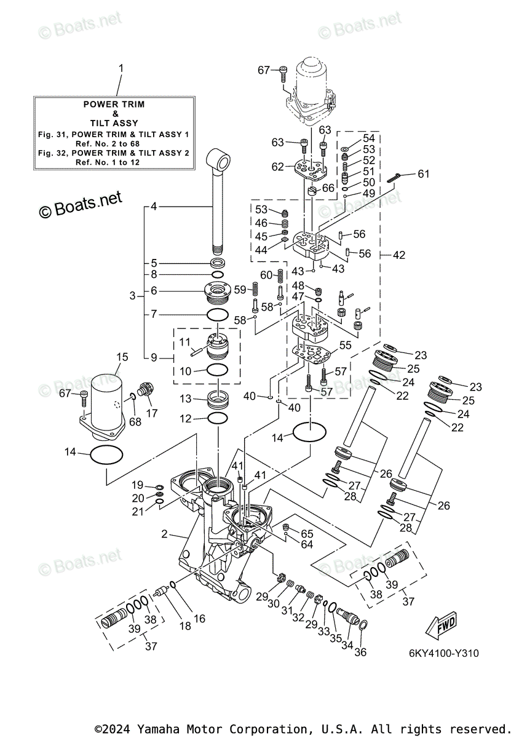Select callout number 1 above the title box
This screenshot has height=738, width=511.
121,68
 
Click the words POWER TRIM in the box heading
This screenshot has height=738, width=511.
114,105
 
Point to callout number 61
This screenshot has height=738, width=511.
424,173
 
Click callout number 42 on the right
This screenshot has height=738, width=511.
399,255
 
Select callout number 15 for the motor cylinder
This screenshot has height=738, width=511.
122,357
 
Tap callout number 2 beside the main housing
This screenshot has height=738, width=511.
165,534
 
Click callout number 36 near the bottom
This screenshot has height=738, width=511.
360,652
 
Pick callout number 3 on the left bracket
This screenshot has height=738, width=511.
132,296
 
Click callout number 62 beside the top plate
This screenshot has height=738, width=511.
278,166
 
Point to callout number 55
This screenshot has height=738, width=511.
346,346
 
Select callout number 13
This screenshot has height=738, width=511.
186,399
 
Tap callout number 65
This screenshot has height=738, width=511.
307,534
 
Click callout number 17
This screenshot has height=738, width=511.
151,413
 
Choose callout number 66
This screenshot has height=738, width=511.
328,188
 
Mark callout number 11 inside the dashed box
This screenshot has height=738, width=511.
185,341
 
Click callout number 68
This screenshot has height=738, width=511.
135,422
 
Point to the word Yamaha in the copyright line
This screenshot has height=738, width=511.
155,729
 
